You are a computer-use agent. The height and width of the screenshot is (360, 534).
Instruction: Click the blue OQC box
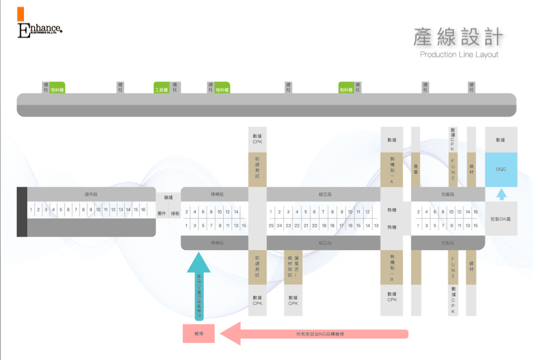(x=501, y=170)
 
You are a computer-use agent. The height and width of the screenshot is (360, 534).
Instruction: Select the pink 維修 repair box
(x=198, y=333)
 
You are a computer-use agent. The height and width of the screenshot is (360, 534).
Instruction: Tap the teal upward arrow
(x=198, y=284)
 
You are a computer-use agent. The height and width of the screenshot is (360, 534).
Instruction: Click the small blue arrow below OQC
(x=501, y=194)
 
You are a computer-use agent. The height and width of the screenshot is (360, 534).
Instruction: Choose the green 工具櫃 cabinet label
(x=161, y=90)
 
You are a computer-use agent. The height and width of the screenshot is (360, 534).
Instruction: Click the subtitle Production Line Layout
(x=459, y=54)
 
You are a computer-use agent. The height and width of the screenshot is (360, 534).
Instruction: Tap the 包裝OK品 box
(x=501, y=219)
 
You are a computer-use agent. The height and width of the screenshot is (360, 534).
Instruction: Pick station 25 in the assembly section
(x=271, y=225)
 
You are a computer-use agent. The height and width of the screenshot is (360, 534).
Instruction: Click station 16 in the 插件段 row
(x=143, y=210)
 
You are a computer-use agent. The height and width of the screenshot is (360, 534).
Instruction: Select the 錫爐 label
(x=168, y=197)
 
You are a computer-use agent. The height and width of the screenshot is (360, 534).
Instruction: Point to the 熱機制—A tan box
(x=392, y=170)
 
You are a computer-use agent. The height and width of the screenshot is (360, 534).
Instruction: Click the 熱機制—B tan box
(x=392, y=267)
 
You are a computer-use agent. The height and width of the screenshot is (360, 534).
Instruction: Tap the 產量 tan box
(x=415, y=170)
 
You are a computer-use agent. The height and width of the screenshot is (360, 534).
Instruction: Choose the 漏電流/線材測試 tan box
(x=293, y=267)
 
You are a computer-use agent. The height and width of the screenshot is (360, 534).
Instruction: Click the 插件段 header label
(x=91, y=194)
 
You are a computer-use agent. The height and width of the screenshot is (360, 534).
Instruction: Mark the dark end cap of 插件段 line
(x=22, y=212)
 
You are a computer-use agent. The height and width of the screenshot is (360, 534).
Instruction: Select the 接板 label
(x=175, y=214)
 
